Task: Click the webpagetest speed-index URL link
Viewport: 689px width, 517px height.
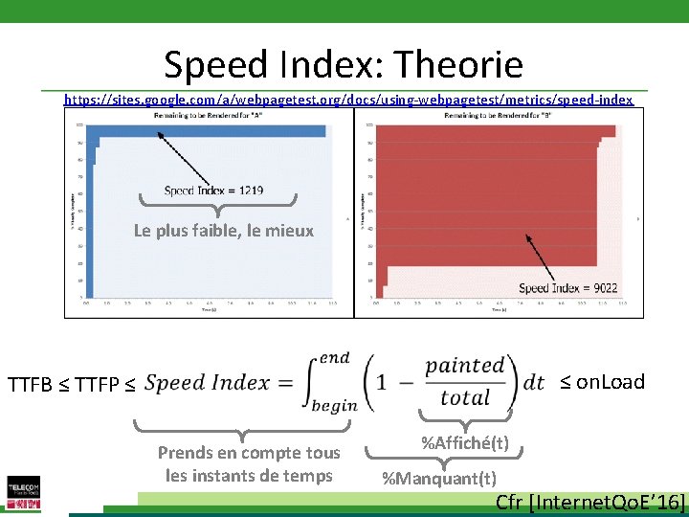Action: click(x=348, y=99)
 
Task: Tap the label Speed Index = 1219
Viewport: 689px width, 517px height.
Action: click(x=213, y=191)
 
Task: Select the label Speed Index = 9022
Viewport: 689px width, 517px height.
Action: click(x=567, y=288)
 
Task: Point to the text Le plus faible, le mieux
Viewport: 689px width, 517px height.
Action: click(x=223, y=231)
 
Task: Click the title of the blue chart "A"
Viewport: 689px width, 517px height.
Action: click(x=209, y=115)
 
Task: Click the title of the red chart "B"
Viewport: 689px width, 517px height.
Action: click(x=498, y=116)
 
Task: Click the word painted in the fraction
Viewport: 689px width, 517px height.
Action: click(x=465, y=365)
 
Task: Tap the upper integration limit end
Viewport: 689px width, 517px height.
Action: click(x=334, y=357)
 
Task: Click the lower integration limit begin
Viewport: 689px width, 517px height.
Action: click(x=334, y=405)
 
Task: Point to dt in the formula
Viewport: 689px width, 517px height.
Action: click(x=533, y=381)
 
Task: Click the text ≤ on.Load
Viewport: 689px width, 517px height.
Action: click(x=602, y=382)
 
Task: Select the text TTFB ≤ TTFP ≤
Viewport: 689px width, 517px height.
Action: click(x=72, y=385)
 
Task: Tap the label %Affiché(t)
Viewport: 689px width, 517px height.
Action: click(x=465, y=443)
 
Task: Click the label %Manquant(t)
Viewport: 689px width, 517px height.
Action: click(x=439, y=478)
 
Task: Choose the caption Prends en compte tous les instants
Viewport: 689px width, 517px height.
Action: click(x=249, y=463)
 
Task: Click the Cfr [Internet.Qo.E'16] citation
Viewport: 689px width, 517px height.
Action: click(x=590, y=503)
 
